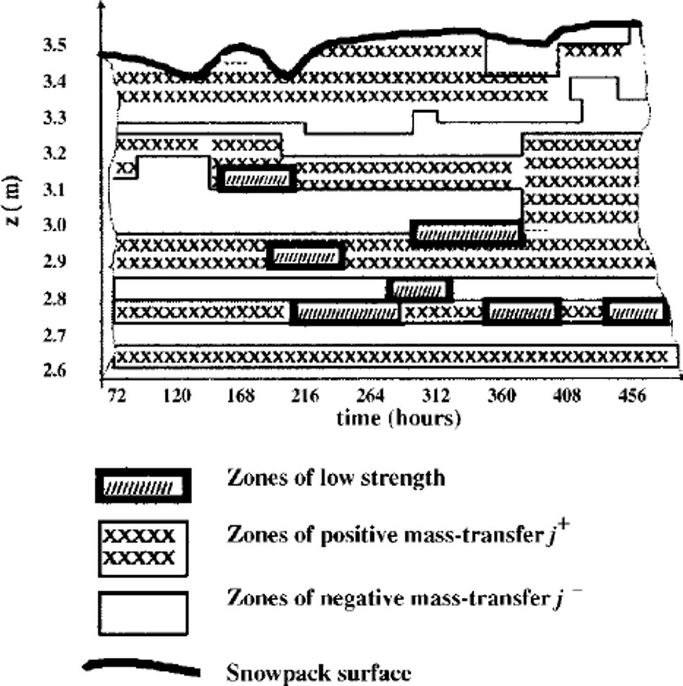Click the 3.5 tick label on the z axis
pos(55,46)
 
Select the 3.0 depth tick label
pos(55,225)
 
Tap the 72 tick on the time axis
pos(116,395)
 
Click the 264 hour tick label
pos(370,395)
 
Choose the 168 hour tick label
pos(241,395)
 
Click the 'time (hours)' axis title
pos(398,419)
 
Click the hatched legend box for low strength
pos(143,486)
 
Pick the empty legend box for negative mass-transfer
pos(143,613)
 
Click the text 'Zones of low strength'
pos(336,478)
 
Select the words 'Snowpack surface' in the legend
pos(318,673)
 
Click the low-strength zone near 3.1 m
pos(257,179)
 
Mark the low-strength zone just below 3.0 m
pos(467,234)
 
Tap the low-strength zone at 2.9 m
pos(305,256)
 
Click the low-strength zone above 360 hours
pos(522,311)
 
